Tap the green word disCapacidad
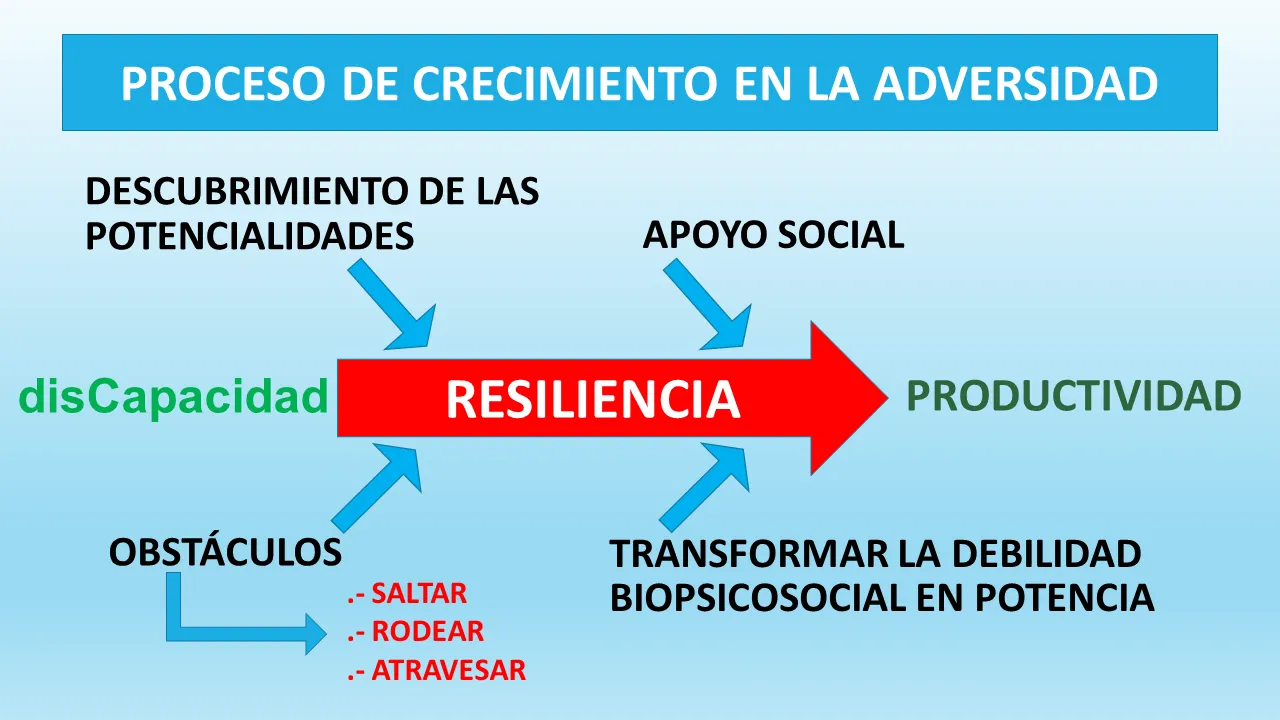[x=174, y=397]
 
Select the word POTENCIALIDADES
[x=250, y=235]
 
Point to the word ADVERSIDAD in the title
[x=1015, y=84]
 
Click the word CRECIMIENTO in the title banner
[x=564, y=84]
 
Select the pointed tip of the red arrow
[x=887, y=398]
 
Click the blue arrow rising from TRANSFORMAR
[x=704, y=486]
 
